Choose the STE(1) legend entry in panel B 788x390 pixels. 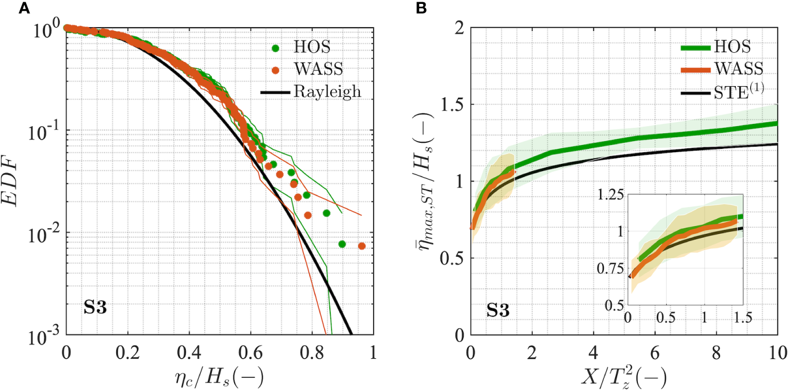(x=734, y=91)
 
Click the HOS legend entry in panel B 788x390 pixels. (x=729, y=47)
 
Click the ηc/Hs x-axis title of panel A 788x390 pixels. (x=219, y=375)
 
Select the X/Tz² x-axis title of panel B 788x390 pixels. (x=623, y=375)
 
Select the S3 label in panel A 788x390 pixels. (x=95, y=308)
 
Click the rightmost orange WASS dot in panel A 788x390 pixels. (x=361, y=246)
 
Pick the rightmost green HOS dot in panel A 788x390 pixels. (x=342, y=244)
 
